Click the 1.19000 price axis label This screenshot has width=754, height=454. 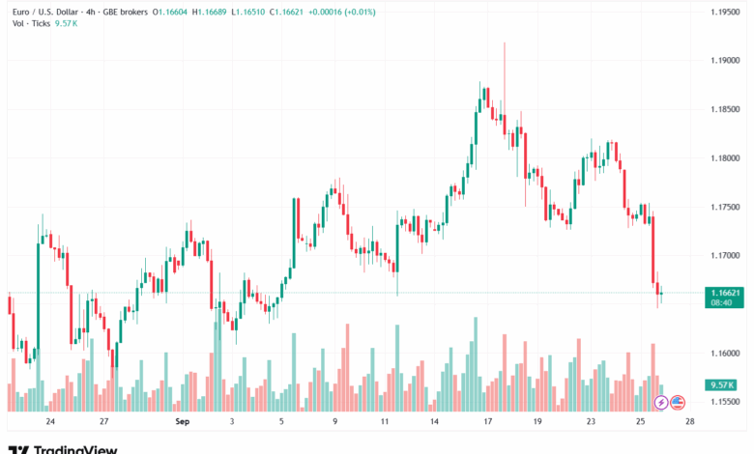pyautogui.click(x=724, y=60)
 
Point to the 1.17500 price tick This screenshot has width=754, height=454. pyautogui.click(x=724, y=207)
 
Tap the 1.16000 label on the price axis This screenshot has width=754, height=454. pyautogui.click(x=724, y=353)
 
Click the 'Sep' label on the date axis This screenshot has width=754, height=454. pyautogui.click(x=182, y=422)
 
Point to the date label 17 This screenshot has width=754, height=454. pyautogui.click(x=488, y=422)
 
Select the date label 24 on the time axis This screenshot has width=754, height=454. pyautogui.click(x=49, y=422)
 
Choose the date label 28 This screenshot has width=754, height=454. pyautogui.click(x=688, y=422)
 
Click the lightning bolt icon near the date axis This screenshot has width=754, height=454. pyautogui.click(x=660, y=402)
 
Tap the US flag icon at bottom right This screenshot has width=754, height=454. pyautogui.click(x=678, y=402)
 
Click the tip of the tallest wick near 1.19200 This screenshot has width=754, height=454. pyautogui.click(x=505, y=43)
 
